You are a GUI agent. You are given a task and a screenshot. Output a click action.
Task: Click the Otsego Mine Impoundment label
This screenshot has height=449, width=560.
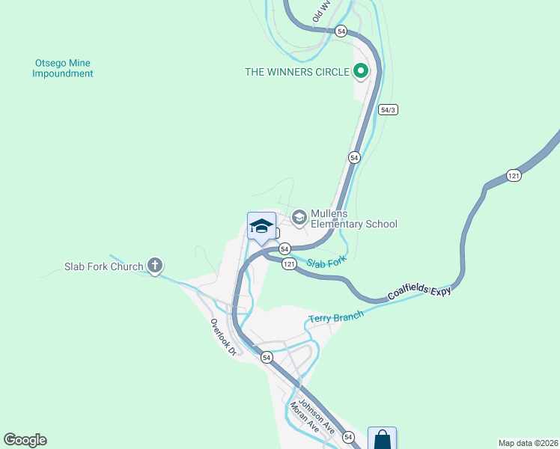pyautogui.click(x=63, y=68)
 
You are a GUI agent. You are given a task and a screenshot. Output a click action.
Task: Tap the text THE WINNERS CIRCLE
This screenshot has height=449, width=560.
pyautogui.click(x=297, y=73)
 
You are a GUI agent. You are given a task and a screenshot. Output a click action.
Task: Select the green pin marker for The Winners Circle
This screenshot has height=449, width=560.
pyautogui.click(x=360, y=72)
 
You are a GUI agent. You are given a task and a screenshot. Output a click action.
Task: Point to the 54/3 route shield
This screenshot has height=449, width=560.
pyautogui.click(x=387, y=110)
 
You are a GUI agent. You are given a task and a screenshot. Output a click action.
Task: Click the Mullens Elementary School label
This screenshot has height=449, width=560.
pyautogui.click(x=353, y=219)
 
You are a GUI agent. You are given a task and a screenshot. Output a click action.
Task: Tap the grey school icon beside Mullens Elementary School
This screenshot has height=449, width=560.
pyautogui.click(x=299, y=218)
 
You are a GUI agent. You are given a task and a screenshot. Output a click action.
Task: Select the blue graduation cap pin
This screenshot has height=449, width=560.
pyautogui.click(x=261, y=227)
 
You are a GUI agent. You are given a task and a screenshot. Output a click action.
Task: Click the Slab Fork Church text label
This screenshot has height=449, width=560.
pyautogui.click(x=103, y=266)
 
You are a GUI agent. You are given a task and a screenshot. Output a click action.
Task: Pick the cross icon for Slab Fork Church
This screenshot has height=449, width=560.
pyautogui.click(x=155, y=266)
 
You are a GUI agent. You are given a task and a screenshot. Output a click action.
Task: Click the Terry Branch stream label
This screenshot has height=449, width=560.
pyautogui.click(x=335, y=317)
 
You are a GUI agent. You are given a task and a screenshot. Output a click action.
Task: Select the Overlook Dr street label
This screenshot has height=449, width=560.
pyautogui.click(x=223, y=337)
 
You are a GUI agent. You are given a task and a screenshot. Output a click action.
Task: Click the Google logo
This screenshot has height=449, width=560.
pyautogui.click(x=25, y=440)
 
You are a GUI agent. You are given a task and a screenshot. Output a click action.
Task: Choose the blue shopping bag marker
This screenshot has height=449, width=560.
pyautogui.click(x=382, y=439)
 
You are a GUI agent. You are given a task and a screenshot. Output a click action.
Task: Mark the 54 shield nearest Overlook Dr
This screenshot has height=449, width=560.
pyautogui.click(x=267, y=358)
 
